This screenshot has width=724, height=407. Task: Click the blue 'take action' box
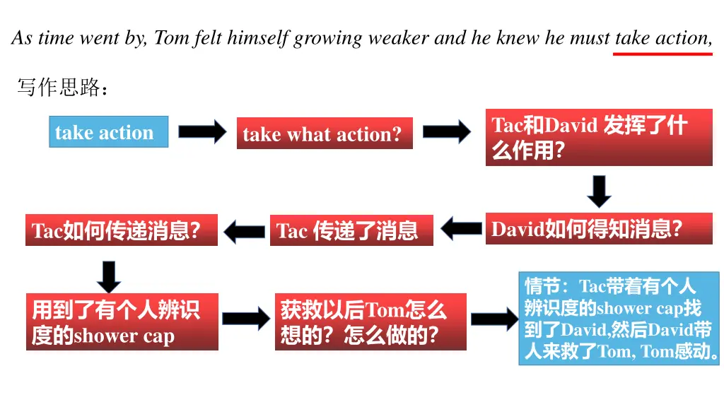tap(109, 132)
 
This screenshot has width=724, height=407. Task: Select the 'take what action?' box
tap(325, 134)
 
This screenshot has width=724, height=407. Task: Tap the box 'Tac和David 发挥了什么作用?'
tap(598, 137)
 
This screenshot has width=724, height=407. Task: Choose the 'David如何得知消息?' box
tap(598, 229)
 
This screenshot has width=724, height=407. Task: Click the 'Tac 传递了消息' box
tap(351, 230)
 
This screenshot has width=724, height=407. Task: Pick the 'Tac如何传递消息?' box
tap(121, 230)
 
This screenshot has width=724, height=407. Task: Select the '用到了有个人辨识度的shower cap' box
tap(122, 322)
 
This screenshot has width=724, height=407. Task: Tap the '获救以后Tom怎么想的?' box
tap(370, 322)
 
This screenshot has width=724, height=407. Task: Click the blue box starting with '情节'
tap(618, 319)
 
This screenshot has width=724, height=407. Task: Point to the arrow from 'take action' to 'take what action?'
tap(202, 132)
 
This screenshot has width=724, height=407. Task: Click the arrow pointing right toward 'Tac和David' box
tap(446, 132)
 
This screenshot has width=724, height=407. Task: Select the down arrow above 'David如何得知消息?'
tap(599, 191)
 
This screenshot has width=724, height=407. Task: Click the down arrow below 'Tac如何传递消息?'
tap(108, 276)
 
